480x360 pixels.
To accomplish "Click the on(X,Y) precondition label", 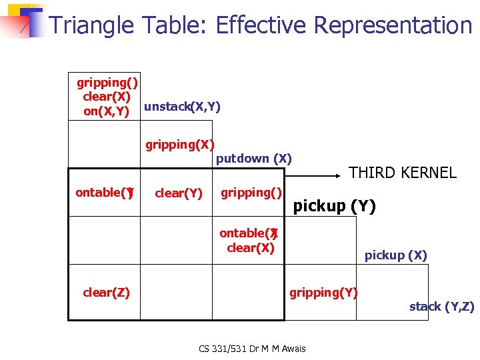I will pyautogui.click(x=106, y=111).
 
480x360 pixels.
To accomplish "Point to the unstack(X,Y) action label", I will pyautogui.click(x=182, y=107).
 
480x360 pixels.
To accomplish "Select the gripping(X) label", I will pyautogui.click(x=180, y=144).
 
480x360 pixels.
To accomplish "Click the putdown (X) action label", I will pyautogui.click(x=254, y=159).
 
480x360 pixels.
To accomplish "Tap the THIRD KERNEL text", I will pyautogui.click(x=403, y=173).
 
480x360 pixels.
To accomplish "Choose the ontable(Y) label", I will pyautogui.click(x=105, y=193).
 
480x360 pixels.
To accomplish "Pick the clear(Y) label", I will pyautogui.click(x=178, y=193).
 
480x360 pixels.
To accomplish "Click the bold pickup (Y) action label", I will pyautogui.click(x=335, y=206).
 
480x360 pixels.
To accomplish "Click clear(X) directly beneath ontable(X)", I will pyautogui.click(x=250, y=248).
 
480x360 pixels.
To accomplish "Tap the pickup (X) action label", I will pyautogui.click(x=395, y=255).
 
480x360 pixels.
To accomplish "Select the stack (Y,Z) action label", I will pyautogui.click(x=441, y=307).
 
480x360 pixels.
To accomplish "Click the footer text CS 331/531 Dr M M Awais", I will pyautogui.click(x=251, y=348).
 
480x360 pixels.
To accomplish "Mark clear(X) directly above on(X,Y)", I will pyautogui.click(x=106, y=96).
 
